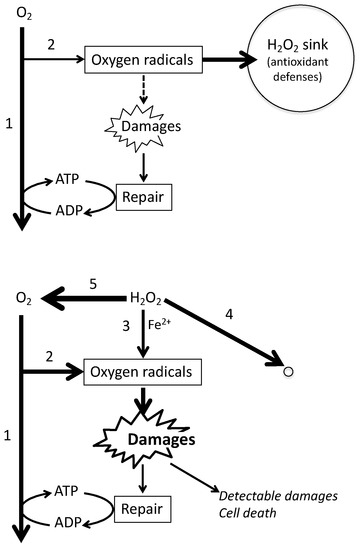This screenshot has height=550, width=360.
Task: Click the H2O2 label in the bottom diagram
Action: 149,297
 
